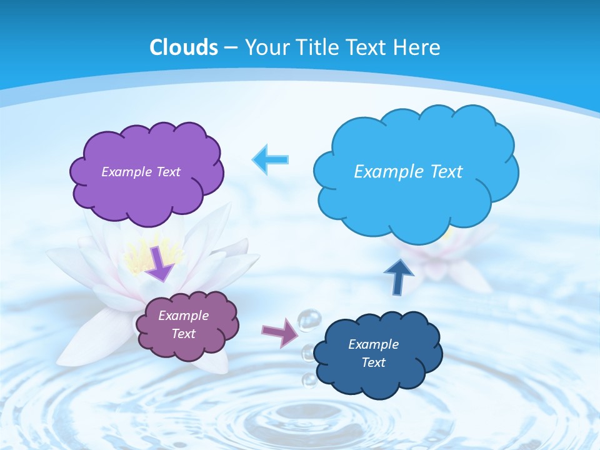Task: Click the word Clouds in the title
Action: (x=184, y=47)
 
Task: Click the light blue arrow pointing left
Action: (x=271, y=160)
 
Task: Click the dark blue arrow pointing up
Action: (x=399, y=277)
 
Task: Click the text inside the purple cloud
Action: (x=141, y=172)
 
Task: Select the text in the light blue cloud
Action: (x=408, y=172)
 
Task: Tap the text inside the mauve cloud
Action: (x=183, y=324)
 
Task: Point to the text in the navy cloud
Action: (x=373, y=353)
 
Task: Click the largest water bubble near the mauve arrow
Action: (x=308, y=320)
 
